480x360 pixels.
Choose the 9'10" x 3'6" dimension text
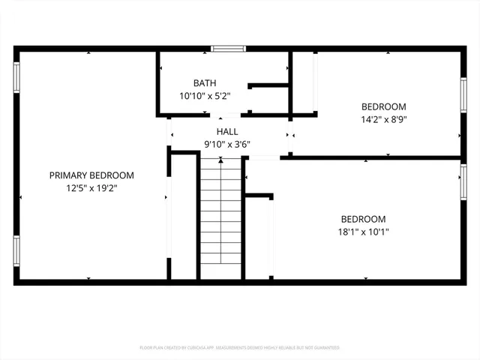click(226, 145)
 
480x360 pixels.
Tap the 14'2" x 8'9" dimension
click(383, 118)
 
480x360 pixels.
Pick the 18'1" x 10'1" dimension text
click(363, 232)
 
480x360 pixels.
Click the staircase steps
click(220, 217)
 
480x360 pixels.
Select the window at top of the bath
click(228, 49)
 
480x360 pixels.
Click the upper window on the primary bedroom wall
click(16, 76)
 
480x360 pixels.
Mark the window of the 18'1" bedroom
click(463, 182)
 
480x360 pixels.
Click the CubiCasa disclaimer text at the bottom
click(240, 348)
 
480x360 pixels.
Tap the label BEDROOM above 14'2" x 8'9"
click(383, 106)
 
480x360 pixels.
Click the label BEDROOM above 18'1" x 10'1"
click(363, 219)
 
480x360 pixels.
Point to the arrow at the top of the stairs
click(220, 159)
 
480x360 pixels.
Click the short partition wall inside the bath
click(268, 85)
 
